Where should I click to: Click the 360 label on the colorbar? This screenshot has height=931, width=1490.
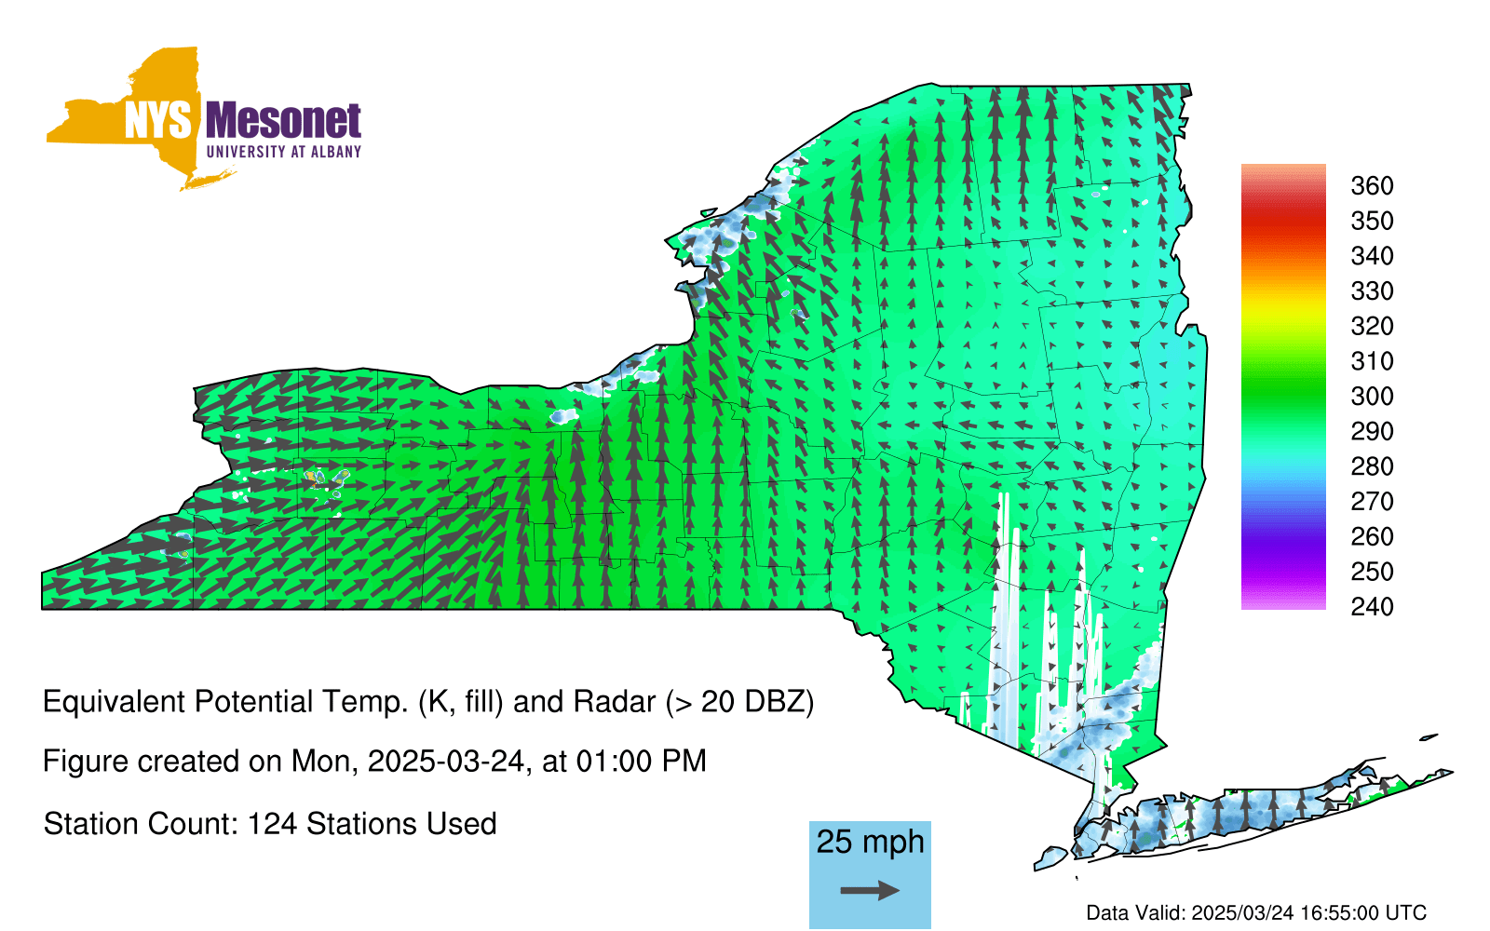[x=1372, y=185]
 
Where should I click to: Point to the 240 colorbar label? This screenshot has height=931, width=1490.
[x=1372, y=606]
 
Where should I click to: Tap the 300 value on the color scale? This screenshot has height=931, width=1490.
[x=1372, y=397]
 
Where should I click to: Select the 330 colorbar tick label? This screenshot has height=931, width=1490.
[x=1372, y=290]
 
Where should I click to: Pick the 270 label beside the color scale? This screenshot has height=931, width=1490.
[x=1372, y=502]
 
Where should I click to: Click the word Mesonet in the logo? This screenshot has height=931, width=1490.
[x=283, y=121]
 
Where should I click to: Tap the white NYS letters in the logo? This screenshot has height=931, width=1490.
[x=158, y=122]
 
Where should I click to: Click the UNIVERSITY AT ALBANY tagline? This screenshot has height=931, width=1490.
[x=284, y=152]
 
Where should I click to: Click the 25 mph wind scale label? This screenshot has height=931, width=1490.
[x=870, y=842]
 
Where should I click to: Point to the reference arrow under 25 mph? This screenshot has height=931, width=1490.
[x=870, y=890]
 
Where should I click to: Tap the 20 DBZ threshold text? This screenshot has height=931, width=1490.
[x=754, y=702]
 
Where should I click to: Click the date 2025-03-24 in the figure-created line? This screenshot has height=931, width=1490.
[x=446, y=762]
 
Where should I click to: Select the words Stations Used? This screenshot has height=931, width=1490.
[x=401, y=824]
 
